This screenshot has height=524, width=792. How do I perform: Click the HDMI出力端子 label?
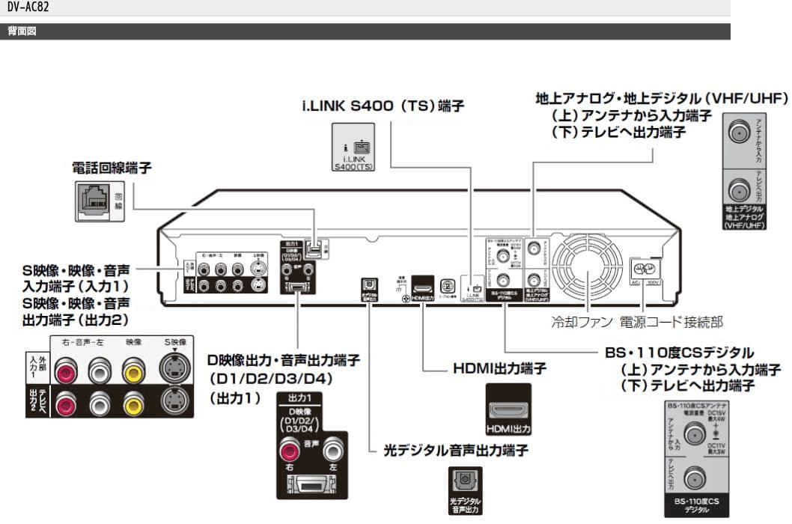[x=499, y=368]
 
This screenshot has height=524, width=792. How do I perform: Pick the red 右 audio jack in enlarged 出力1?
[x=289, y=451]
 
